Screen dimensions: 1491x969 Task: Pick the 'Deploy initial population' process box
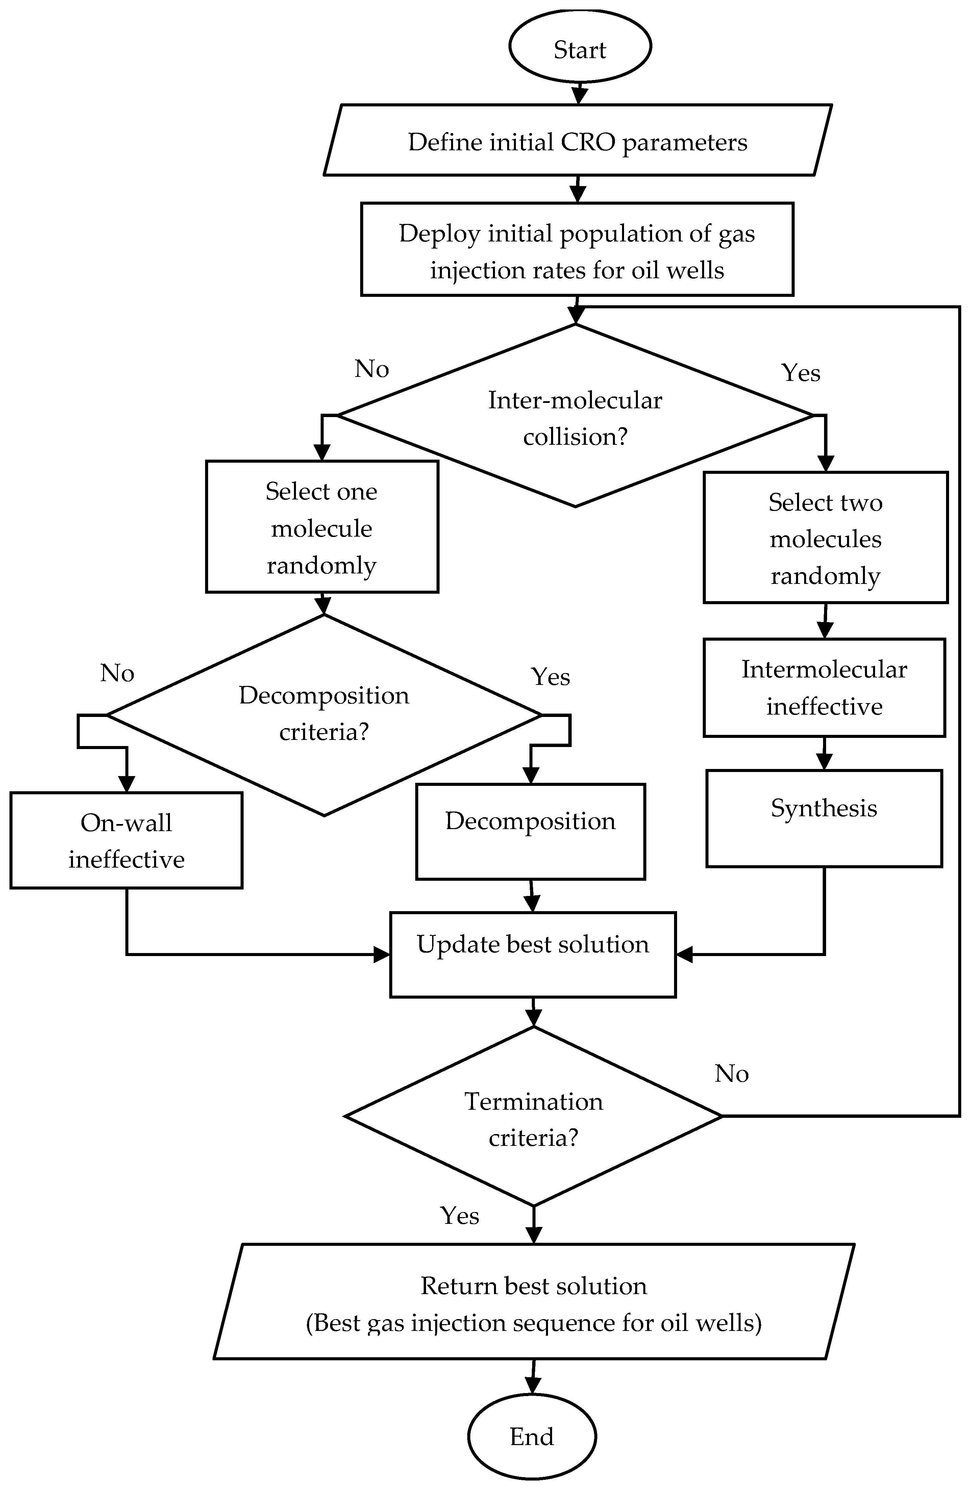(577, 249)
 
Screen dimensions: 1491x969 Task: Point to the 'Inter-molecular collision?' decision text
(575, 418)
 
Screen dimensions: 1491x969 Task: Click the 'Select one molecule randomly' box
(322, 527)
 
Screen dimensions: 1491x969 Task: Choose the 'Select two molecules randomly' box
(825, 538)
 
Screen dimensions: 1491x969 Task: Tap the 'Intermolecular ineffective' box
(824, 687)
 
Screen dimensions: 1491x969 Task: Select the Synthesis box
(824, 818)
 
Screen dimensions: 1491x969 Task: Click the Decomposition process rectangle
(530, 831)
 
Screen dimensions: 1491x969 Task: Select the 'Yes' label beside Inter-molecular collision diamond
(800, 373)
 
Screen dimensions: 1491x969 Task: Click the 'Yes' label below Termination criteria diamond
(459, 1215)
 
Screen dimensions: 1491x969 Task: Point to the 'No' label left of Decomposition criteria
(117, 673)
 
